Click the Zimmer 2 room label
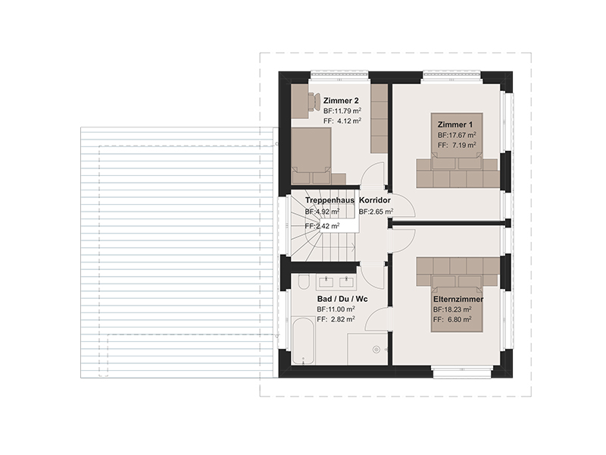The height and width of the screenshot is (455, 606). [x=341, y=101]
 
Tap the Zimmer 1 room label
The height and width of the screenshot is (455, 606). [x=455, y=124]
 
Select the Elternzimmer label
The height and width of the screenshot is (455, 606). [x=458, y=299]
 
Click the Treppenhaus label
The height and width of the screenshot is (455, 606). [x=330, y=200]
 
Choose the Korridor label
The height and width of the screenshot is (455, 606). [x=375, y=200]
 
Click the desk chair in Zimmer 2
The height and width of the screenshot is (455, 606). [x=314, y=102]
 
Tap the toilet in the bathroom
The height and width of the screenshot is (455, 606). [x=304, y=282]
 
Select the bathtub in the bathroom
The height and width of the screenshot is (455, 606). [x=303, y=340]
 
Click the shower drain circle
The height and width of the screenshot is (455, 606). [x=376, y=350]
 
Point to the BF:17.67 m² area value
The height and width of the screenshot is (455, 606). [x=457, y=135]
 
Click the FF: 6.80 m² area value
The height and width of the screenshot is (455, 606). [x=452, y=319]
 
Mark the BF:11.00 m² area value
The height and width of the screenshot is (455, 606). [x=336, y=309]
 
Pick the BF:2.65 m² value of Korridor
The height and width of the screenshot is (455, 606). [x=376, y=212]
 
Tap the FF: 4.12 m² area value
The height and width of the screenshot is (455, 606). [x=342, y=121]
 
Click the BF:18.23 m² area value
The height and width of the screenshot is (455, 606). [x=452, y=309]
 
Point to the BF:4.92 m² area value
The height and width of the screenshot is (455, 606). [x=323, y=212]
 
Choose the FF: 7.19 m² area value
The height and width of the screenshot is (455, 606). [x=457, y=145]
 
